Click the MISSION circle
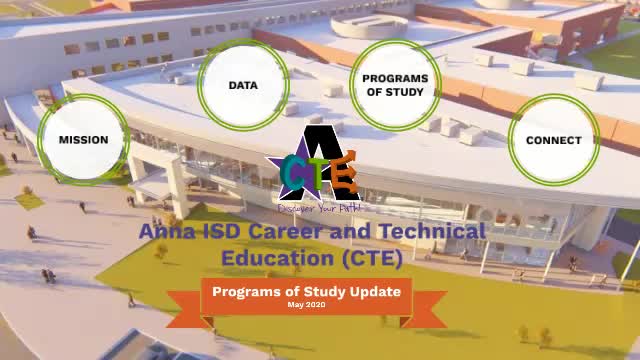pyautogui.click(x=83, y=140)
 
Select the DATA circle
pyautogui.click(x=243, y=85)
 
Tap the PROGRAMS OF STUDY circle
pyautogui.click(x=395, y=85)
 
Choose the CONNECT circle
pyautogui.click(x=553, y=140)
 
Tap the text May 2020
pyautogui.click(x=306, y=304)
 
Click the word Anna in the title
pyautogui.click(x=161, y=231)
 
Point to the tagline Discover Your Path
pyautogui.click(x=312, y=208)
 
